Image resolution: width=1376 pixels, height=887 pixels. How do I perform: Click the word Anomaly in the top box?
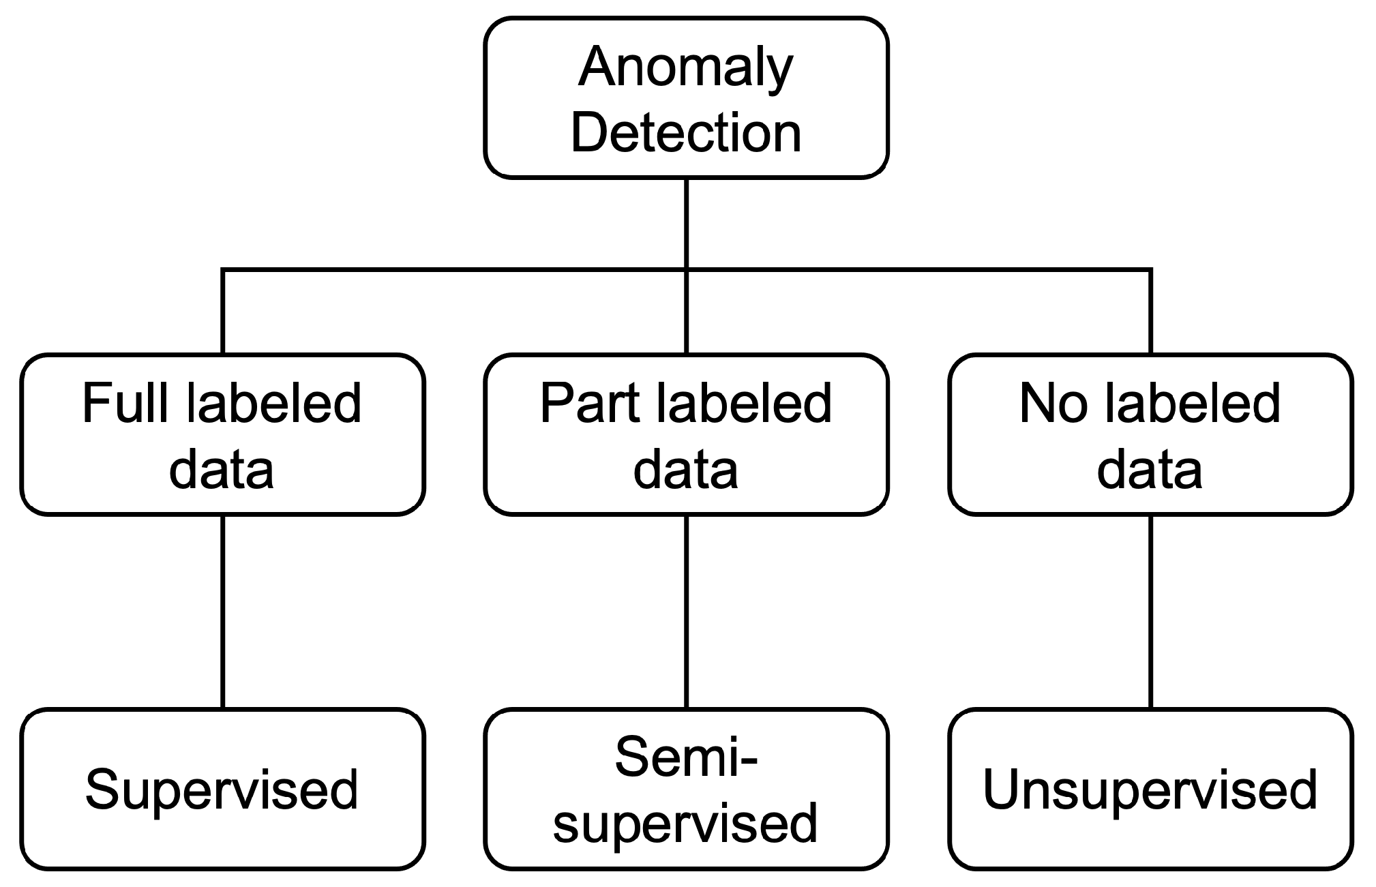click(685, 68)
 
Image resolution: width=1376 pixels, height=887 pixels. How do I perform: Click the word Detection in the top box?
click(685, 132)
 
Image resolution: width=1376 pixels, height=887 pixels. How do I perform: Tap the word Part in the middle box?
click(587, 404)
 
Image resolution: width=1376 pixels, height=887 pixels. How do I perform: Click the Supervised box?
click(222, 790)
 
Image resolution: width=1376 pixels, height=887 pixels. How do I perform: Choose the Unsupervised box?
click(1150, 790)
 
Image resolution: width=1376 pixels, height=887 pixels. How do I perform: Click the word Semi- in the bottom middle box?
click(685, 757)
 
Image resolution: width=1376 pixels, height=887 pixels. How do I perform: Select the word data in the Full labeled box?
click(222, 470)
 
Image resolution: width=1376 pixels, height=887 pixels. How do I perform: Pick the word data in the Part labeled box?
click(685, 470)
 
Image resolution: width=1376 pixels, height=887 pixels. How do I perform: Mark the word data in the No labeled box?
click(1150, 470)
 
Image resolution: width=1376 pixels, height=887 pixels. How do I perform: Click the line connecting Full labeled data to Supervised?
click(223, 612)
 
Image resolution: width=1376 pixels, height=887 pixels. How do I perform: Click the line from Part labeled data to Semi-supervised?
click(686, 612)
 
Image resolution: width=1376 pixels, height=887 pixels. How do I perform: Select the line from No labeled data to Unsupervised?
click(1151, 612)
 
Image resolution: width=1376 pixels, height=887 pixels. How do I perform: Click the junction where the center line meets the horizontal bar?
click(686, 270)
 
